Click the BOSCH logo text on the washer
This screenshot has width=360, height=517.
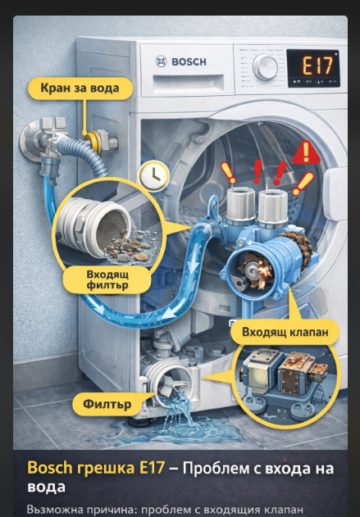coord(189,61)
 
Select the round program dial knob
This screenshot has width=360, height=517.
coord(265,67)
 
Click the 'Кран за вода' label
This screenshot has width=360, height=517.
coord(80,88)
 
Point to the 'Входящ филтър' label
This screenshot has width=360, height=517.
coord(107,279)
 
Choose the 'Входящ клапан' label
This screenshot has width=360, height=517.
coord(285,332)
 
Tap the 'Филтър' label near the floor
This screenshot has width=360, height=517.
coord(107,404)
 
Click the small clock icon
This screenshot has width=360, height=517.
coord(154,176)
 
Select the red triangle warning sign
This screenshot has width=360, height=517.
coord(307,152)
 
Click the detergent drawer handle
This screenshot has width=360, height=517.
coord(188,83)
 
